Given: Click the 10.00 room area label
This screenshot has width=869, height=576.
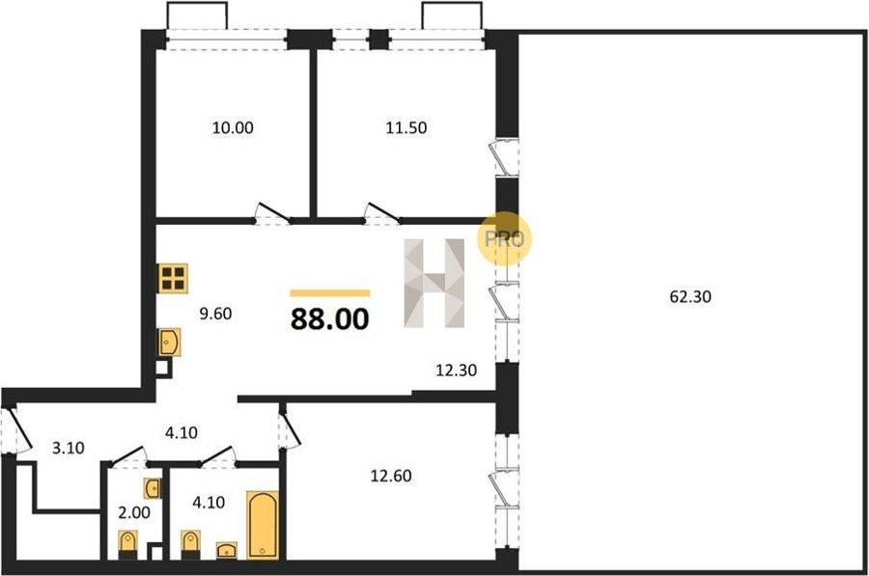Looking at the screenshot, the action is (233, 128).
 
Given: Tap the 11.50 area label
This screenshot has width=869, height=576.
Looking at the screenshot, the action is (406, 128).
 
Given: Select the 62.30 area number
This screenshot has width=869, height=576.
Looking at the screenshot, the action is (690, 297).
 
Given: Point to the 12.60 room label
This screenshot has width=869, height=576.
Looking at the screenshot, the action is (391, 476).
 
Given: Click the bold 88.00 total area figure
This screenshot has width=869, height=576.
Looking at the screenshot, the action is (330, 319).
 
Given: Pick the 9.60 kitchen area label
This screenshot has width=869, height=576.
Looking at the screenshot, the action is (215, 314).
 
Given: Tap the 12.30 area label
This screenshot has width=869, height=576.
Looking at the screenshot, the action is (456, 370).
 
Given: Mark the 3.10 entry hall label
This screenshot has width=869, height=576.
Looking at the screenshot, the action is (69, 448).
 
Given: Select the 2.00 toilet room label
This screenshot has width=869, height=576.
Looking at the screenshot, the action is (134, 513).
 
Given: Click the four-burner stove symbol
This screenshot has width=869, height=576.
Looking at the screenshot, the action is (173, 278).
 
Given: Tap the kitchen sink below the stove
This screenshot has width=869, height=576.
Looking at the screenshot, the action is (169, 342).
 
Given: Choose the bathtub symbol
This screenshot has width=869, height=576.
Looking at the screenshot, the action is (262, 524).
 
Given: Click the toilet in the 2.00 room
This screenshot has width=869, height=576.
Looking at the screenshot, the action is (128, 543).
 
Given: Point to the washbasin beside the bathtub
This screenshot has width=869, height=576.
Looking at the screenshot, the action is (227, 550).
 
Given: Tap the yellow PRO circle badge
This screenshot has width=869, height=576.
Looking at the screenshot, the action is (504, 239).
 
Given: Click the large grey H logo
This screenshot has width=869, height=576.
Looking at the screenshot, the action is (434, 283).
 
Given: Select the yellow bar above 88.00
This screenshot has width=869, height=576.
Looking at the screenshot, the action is (330, 293).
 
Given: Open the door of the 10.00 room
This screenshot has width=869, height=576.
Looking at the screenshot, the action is (272, 213).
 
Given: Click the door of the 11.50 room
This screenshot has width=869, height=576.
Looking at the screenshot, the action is (382, 213).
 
